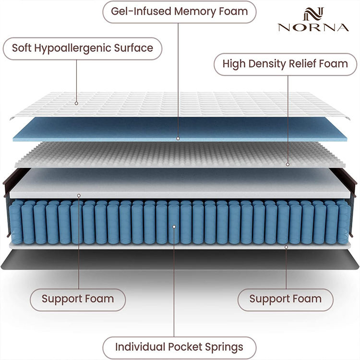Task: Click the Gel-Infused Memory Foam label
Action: coord(180,11)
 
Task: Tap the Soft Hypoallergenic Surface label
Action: coord(83,48)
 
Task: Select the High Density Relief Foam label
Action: coord(285,63)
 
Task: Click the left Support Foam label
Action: coord(78,299)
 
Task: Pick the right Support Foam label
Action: coord(285,299)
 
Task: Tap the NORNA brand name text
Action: coord(313,27)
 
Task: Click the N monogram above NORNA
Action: coord(313,13)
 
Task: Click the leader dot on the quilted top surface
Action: coord(76,102)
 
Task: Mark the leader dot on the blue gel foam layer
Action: coord(178,138)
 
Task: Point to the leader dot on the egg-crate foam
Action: coord(288,164)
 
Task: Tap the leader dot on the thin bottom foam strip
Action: coord(286,247)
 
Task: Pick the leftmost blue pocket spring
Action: coord(16,221)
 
